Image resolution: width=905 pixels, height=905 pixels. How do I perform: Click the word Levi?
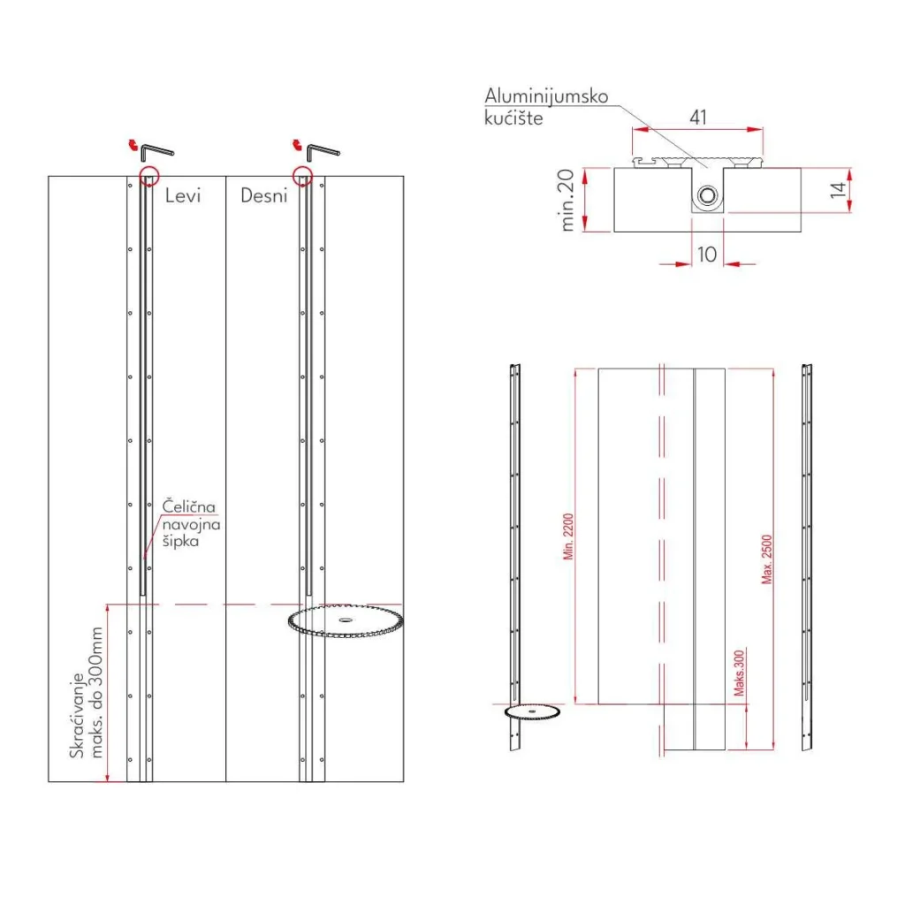pyautogui.click(x=183, y=195)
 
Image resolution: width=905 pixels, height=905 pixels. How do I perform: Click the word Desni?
pyautogui.click(x=264, y=195)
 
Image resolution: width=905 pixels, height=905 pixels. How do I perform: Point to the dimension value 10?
pyautogui.click(x=707, y=254)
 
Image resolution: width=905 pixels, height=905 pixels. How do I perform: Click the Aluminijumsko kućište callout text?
pyautogui.click(x=545, y=106)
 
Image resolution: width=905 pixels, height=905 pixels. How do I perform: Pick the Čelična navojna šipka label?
pyautogui.click(x=190, y=524)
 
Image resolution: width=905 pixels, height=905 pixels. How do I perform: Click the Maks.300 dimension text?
pyautogui.click(x=739, y=674)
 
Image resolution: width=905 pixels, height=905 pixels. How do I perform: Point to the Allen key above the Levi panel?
pyautogui.click(x=159, y=149)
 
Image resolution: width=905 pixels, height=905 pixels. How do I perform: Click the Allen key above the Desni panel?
pyautogui.click(x=323, y=149)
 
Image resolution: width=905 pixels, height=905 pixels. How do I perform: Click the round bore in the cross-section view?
pyautogui.click(x=707, y=197)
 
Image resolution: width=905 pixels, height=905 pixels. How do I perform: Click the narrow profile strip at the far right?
pyautogui.click(x=807, y=557)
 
